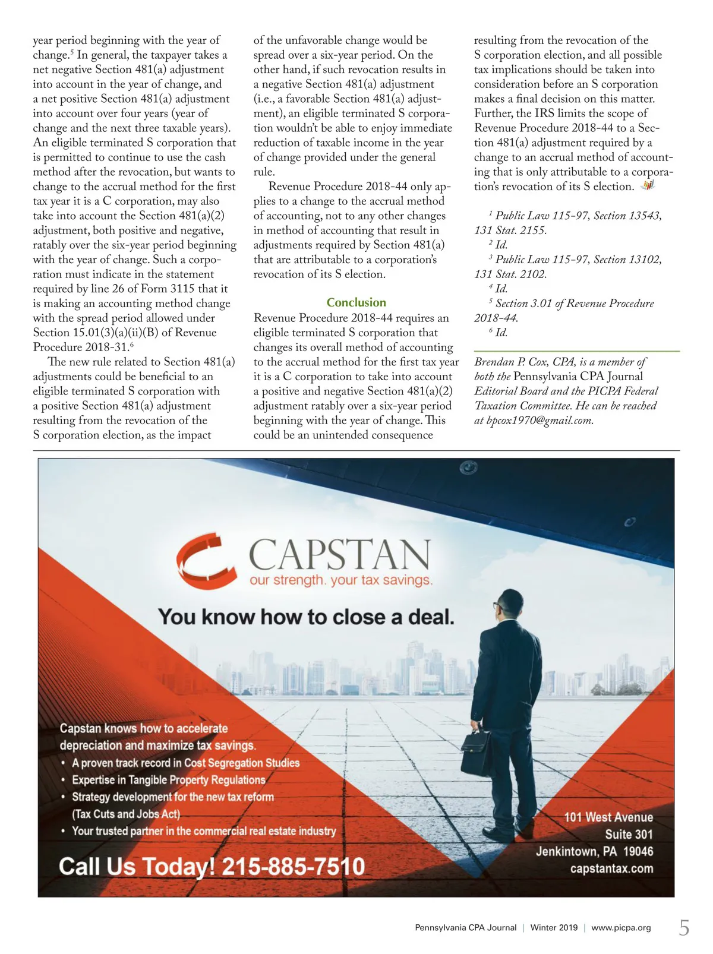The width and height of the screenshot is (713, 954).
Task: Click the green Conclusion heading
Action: click(x=356, y=302)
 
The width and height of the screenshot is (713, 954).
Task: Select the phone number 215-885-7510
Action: click(x=293, y=867)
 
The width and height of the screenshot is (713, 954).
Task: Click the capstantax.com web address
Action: click(x=611, y=868)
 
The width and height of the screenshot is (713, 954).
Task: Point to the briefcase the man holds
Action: click(x=477, y=753)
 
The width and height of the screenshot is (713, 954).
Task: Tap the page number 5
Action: click(x=684, y=927)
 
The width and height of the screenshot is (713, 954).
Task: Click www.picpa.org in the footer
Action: click(x=621, y=928)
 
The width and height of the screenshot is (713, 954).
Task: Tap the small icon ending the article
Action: click(x=647, y=186)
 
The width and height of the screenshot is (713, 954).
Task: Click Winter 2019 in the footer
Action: click(x=554, y=928)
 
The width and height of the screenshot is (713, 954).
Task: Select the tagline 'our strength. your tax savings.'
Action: click(x=341, y=580)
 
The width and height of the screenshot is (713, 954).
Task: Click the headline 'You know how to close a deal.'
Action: click(x=306, y=617)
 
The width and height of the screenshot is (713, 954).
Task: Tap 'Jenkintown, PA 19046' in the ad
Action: click(x=594, y=851)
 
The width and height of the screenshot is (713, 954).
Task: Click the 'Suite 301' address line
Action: click(x=629, y=835)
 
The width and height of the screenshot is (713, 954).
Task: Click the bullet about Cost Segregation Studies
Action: click(x=185, y=763)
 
